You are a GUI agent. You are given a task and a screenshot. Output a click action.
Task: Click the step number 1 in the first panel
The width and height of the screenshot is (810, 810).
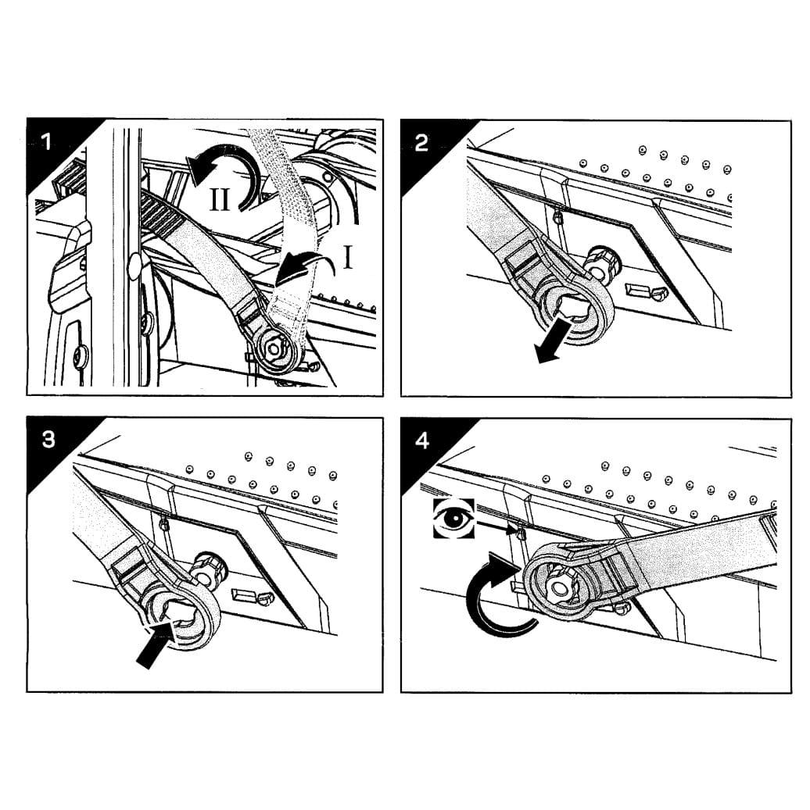[x=47, y=141]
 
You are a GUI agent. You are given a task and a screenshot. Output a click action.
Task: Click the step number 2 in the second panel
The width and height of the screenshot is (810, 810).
[x=421, y=143]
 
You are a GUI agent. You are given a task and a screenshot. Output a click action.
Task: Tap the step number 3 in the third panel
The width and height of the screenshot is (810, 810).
[x=48, y=440]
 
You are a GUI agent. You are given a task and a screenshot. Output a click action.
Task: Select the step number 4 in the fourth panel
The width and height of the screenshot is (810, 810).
[x=422, y=441]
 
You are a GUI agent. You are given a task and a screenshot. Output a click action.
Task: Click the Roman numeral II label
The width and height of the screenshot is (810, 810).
[x=220, y=199]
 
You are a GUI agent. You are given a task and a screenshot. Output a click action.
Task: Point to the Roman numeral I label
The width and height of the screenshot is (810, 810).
[x=347, y=257]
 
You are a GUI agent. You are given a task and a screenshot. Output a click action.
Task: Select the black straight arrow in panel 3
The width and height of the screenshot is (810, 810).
[x=154, y=644]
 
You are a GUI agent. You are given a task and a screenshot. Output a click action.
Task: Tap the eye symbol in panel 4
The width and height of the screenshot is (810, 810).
[x=454, y=518]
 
